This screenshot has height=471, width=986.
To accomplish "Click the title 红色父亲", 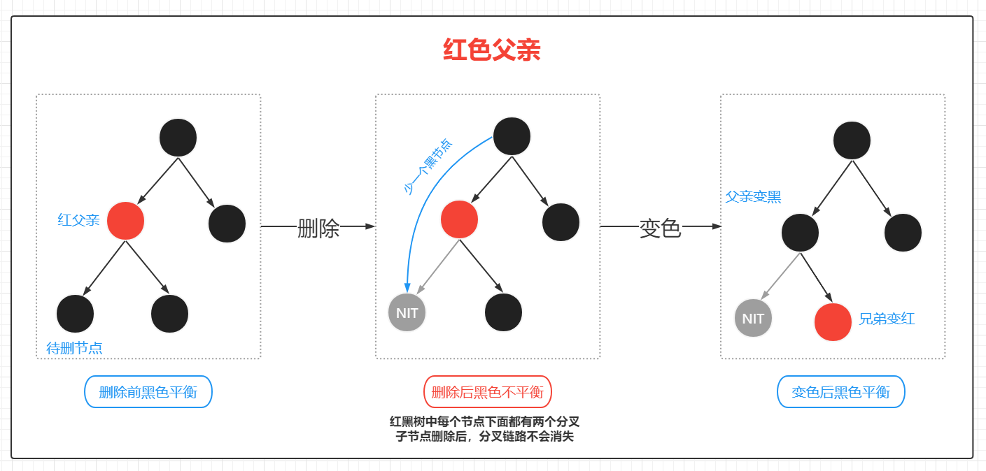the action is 491,50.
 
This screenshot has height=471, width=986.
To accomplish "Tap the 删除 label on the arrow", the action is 318,228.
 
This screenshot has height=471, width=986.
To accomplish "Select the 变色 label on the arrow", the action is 660,228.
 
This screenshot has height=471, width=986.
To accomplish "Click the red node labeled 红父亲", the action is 126,221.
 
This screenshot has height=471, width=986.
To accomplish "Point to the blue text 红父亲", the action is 78,220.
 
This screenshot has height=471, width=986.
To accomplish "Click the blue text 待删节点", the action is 74,348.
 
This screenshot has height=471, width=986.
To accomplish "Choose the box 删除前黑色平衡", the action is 148,392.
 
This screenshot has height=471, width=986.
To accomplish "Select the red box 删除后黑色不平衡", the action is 488,392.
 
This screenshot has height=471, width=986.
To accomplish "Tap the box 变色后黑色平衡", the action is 840,392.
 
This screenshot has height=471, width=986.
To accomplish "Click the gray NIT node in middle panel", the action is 407,312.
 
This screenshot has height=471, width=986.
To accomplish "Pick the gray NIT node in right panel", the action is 753,318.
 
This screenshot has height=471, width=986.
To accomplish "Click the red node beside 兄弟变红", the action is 833,322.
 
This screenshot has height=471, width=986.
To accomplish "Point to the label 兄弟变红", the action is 887,319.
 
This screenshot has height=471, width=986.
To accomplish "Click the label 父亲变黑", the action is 753,197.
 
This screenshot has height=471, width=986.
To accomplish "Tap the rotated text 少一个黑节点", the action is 428,166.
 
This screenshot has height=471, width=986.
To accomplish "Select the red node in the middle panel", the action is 459,219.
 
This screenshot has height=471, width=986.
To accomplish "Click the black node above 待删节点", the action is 75,314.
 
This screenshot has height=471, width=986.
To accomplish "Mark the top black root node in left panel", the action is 178,138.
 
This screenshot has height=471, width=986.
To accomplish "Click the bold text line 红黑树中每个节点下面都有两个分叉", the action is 484,422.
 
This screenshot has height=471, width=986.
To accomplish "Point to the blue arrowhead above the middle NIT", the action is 407,287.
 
